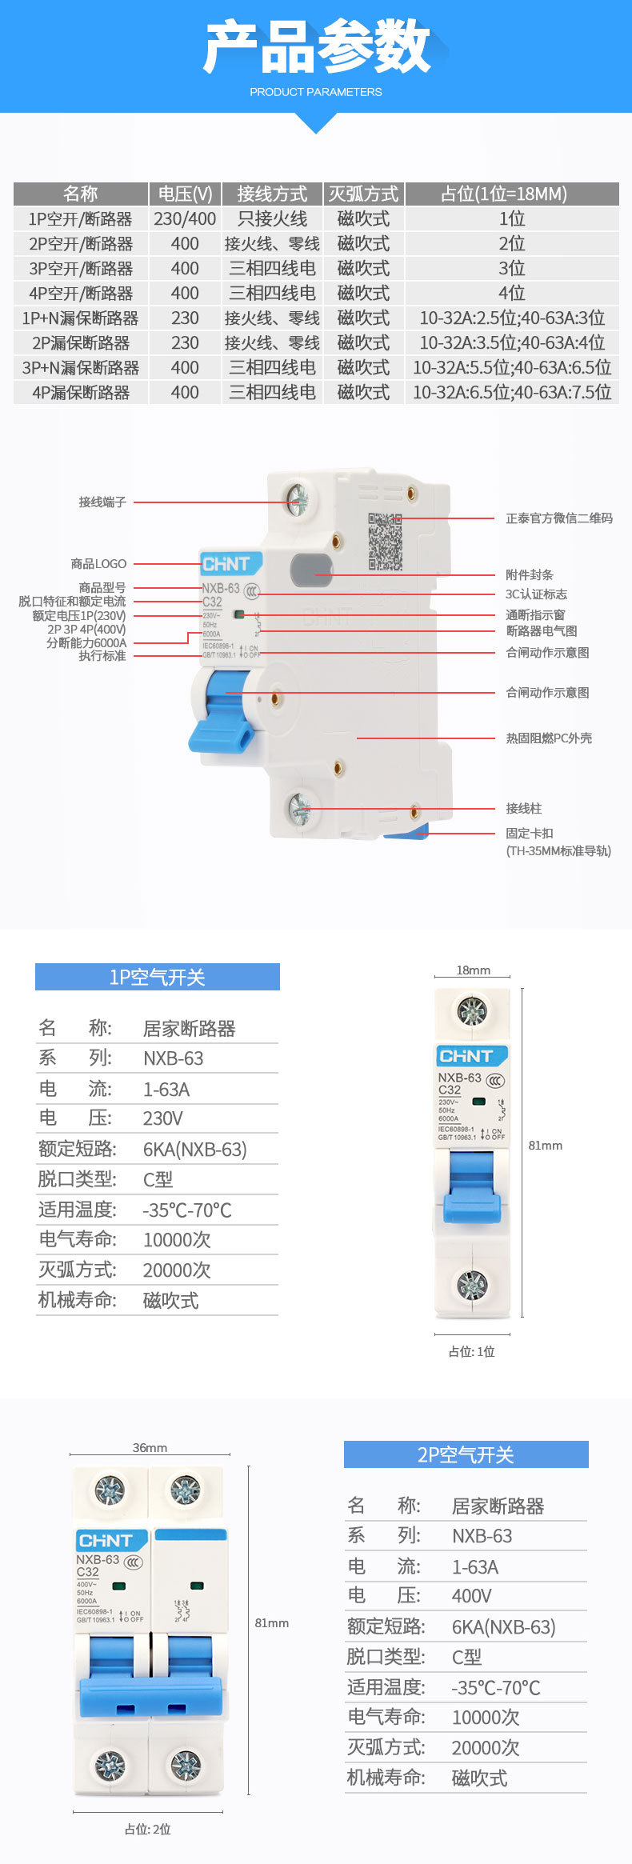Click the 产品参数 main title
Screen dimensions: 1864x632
click(x=316, y=46)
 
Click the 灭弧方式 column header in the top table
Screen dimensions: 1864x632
click(x=363, y=194)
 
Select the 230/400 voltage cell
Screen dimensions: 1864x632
click(x=185, y=218)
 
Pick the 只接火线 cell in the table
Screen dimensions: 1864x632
click(x=272, y=218)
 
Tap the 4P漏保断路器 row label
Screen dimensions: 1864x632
click(x=80, y=393)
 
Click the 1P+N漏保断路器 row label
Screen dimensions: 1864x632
click(x=80, y=318)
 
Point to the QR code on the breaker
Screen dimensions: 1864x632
click(x=385, y=542)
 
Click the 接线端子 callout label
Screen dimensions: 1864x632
click(x=102, y=502)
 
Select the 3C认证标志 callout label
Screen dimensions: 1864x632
click(x=536, y=594)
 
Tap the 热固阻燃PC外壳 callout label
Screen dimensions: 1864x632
click(x=549, y=738)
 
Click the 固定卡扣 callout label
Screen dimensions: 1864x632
click(x=530, y=834)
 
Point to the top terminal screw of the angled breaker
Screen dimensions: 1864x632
click(x=298, y=499)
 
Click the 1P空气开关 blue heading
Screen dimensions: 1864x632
click(x=158, y=977)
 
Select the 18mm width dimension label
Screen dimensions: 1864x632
click(x=473, y=970)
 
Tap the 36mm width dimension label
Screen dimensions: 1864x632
click(x=150, y=1448)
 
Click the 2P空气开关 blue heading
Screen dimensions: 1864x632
click(x=466, y=1454)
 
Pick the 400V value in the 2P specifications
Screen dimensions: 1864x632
click(x=472, y=1596)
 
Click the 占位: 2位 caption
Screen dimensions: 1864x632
click(x=148, y=1829)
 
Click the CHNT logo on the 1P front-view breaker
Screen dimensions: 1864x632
click(x=466, y=1056)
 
